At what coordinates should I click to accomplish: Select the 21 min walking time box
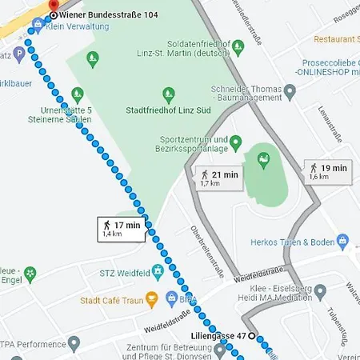tap(218, 178)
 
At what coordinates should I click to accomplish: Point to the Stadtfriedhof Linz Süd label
tap(168, 109)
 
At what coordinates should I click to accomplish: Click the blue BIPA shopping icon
tap(170, 298)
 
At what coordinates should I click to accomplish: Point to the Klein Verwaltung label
tap(77, 26)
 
